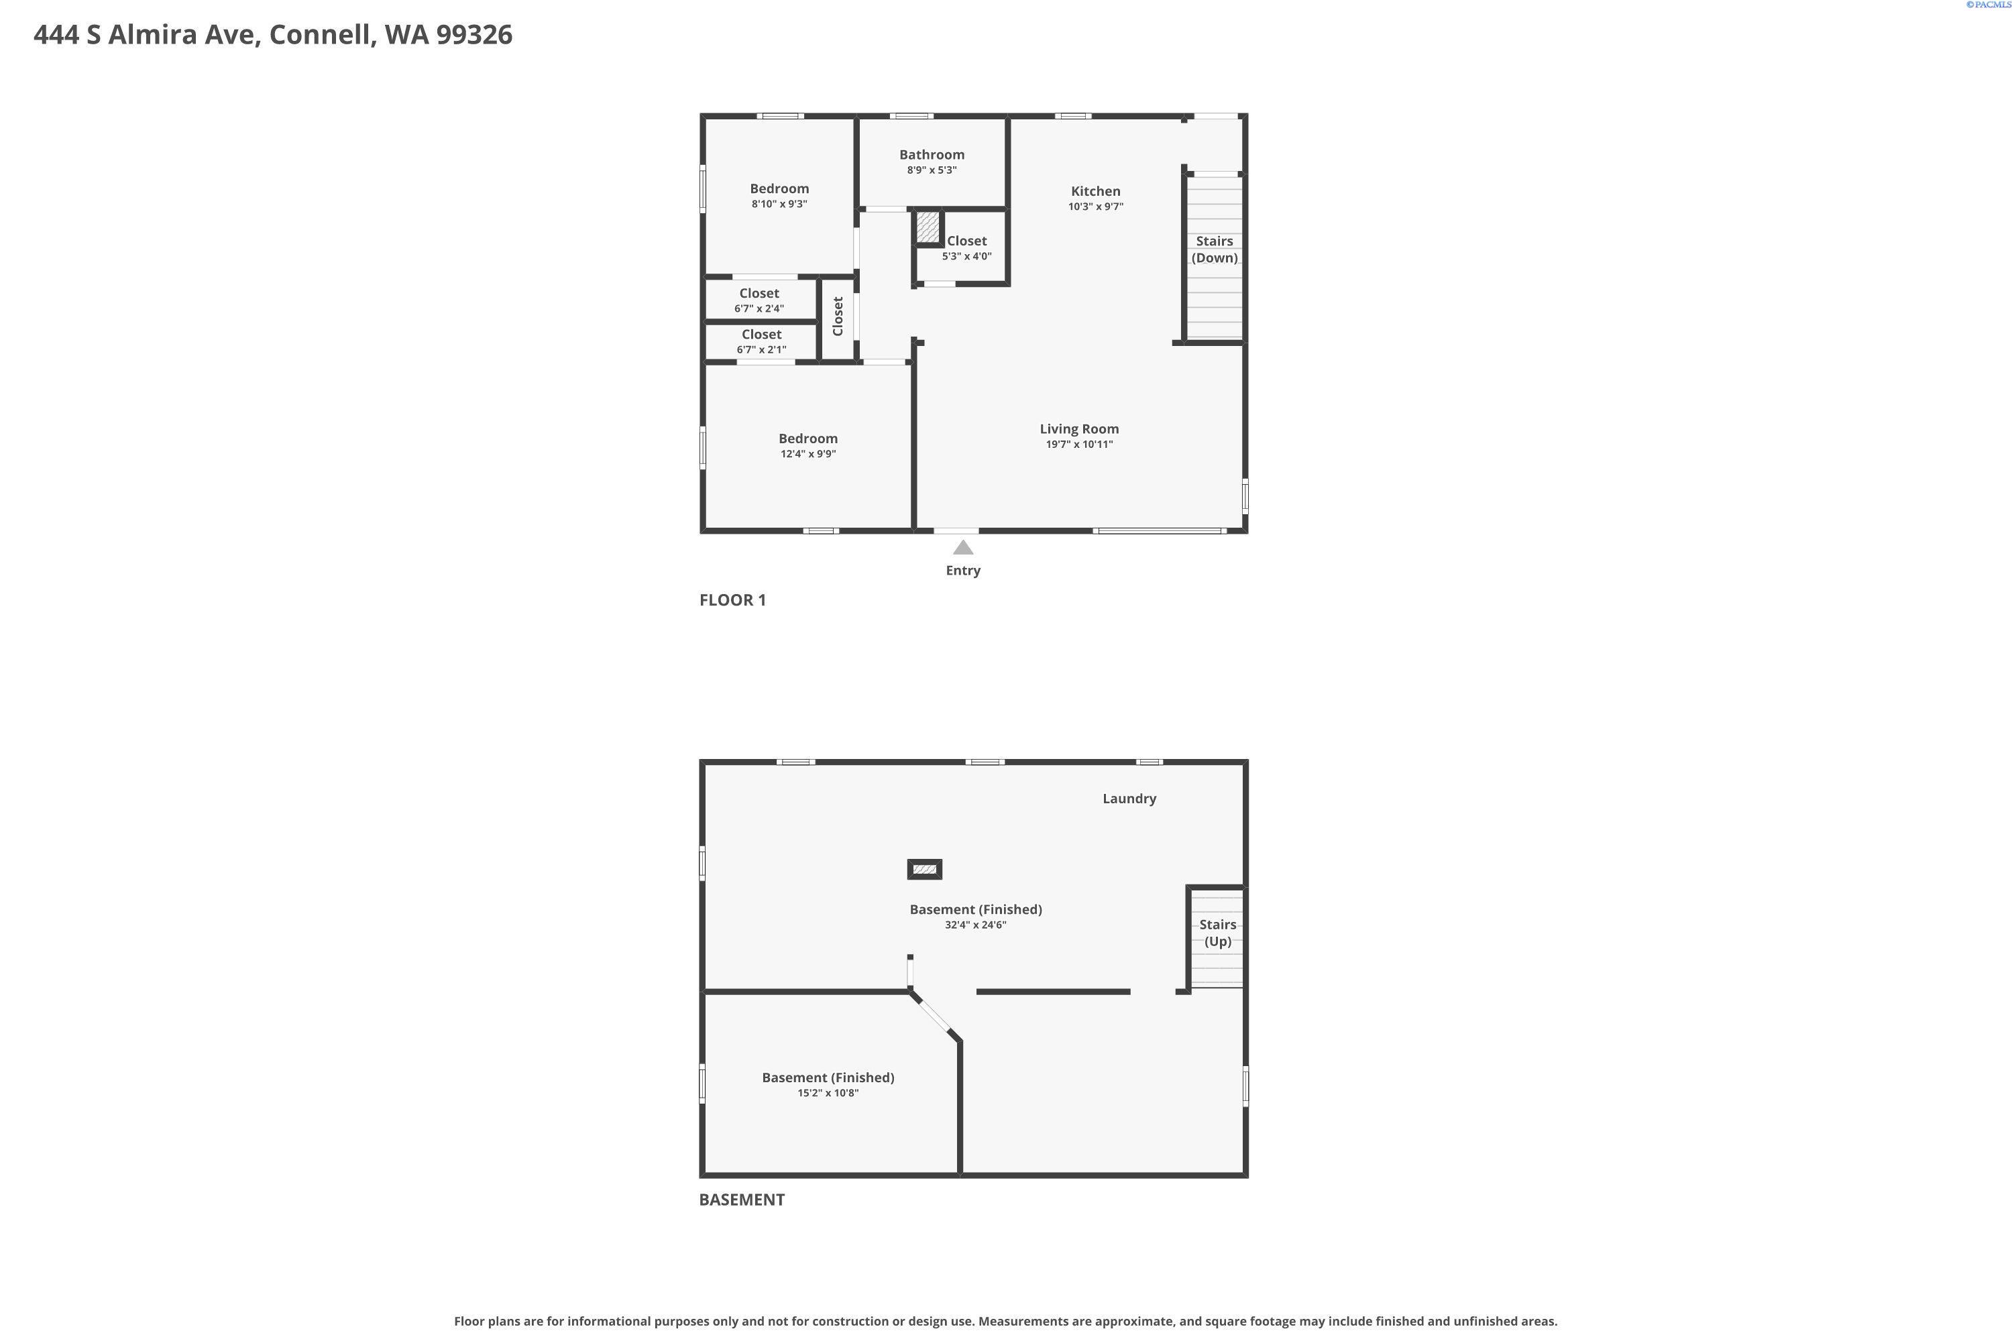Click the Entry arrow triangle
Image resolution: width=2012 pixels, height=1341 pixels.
[x=963, y=547]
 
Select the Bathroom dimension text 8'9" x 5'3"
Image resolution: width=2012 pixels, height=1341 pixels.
[x=932, y=170]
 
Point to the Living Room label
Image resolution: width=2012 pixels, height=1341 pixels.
[x=1078, y=429]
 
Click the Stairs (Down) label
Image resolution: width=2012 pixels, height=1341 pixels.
[x=1214, y=249]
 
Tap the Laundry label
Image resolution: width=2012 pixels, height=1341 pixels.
[x=1129, y=799]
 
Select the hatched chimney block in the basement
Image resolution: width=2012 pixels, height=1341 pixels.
[x=924, y=870]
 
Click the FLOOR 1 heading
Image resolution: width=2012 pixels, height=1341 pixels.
[x=732, y=600]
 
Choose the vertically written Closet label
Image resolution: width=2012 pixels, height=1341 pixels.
[x=838, y=316]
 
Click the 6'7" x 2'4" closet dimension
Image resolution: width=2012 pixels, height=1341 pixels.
[x=759, y=308]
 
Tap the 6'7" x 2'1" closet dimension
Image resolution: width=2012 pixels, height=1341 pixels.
[x=761, y=350]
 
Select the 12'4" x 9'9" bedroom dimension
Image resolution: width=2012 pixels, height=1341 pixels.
[x=807, y=454]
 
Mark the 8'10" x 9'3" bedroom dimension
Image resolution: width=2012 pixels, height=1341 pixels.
[x=779, y=205]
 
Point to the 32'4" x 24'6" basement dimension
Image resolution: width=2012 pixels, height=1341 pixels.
[x=975, y=925]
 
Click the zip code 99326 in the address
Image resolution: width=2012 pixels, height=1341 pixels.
[x=474, y=35]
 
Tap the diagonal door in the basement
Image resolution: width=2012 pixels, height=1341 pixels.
[x=934, y=1016]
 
